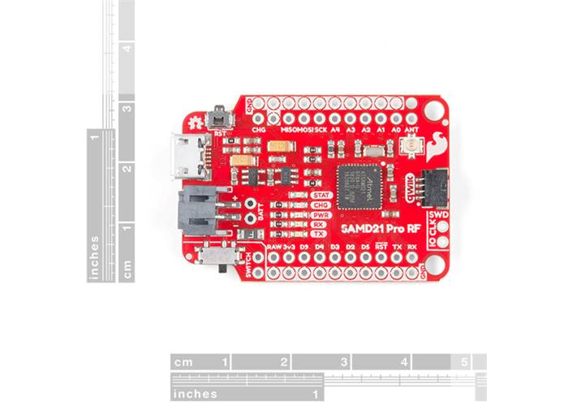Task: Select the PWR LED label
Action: tap(298, 215)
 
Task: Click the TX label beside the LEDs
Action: tap(298, 234)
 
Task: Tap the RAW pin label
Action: tap(273, 245)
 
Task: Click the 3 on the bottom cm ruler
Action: tap(344, 362)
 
